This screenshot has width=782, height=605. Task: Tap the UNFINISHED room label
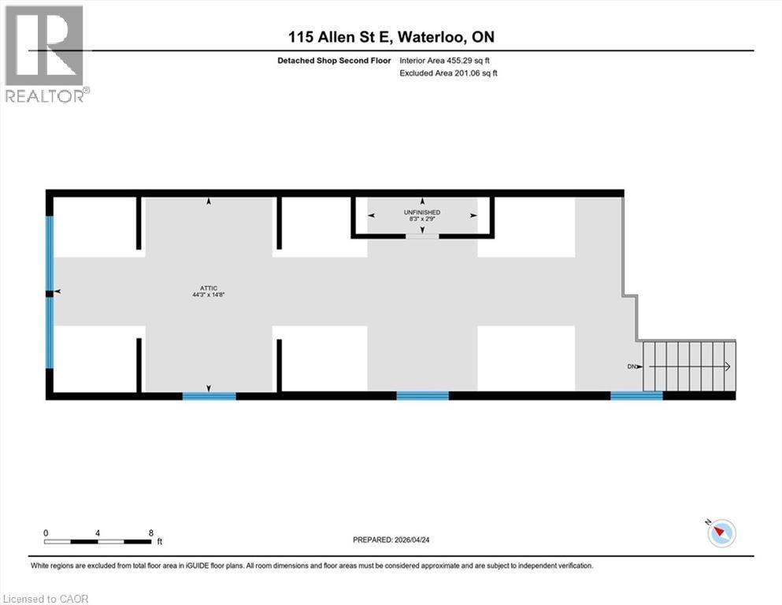pos(422,213)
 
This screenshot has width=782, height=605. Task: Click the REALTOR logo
pos(46,54)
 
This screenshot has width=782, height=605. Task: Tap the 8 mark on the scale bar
pos(150,533)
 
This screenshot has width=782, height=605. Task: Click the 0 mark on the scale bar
pos(46,533)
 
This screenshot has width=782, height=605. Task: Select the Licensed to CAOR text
pos(46,599)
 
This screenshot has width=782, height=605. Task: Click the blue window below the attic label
pos(209,395)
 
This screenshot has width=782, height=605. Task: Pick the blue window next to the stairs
pos(636,395)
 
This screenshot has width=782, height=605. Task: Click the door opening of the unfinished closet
pos(422,236)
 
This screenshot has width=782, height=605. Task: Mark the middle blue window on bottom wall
pos(422,395)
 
